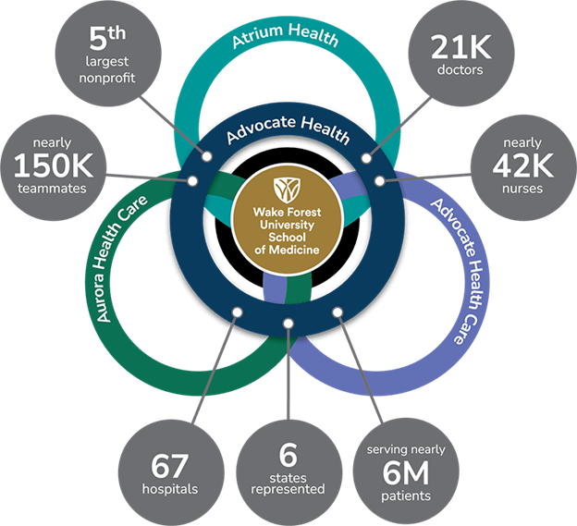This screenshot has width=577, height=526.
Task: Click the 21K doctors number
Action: click(x=460, y=47)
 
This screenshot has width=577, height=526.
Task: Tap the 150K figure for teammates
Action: click(x=54, y=165)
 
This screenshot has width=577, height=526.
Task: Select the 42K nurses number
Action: click(x=523, y=165)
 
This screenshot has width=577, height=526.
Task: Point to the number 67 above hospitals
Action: click(x=169, y=466)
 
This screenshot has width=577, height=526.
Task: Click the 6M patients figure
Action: click(x=406, y=473)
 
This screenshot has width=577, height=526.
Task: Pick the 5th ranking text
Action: click(x=107, y=38)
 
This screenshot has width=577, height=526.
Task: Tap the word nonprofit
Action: click(x=107, y=78)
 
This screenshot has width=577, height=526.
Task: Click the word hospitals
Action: click(x=169, y=489)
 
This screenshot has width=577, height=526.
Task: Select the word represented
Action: click(x=288, y=489)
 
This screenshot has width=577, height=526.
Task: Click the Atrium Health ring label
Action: click(x=286, y=35)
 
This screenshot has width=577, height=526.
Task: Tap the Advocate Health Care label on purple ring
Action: click(x=459, y=271)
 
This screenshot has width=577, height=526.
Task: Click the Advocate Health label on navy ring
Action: click(x=288, y=129)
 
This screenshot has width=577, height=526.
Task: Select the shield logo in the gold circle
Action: click(x=287, y=190)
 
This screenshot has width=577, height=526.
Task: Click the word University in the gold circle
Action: click(x=287, y=225)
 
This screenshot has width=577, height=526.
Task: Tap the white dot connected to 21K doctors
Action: click(x=366, y=158)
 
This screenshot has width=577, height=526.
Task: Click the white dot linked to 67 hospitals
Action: click(x=238, y=312)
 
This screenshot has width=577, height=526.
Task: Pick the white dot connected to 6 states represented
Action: click(x=288, y=324)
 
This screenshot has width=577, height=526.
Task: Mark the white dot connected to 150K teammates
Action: click(x=192, y=181)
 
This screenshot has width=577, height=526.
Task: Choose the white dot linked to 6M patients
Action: click(x=338, y=312)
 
